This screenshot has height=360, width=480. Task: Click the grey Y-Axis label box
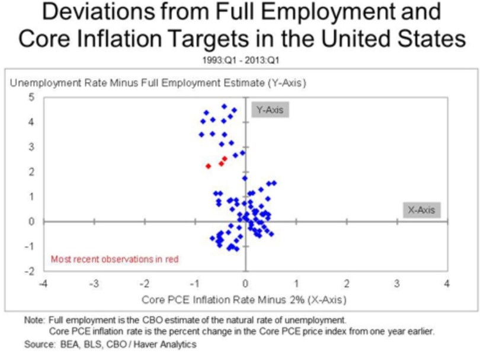click(x=270, y=110)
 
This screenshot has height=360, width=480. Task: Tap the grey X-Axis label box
click(x=421, y=209)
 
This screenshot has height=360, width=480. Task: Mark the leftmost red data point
click(x=208, y=166)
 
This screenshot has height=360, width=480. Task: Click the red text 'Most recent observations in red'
click(x=114, y=259)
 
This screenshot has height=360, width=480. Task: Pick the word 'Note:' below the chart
click(x=34, y=320)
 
